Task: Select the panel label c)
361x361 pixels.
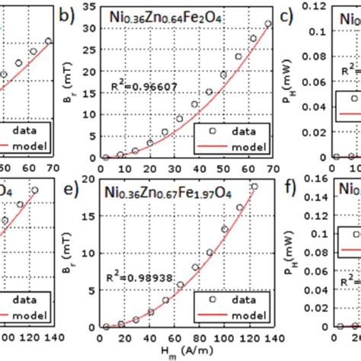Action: coord(289,14)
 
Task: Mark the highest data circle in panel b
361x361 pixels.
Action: coord(267,24)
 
